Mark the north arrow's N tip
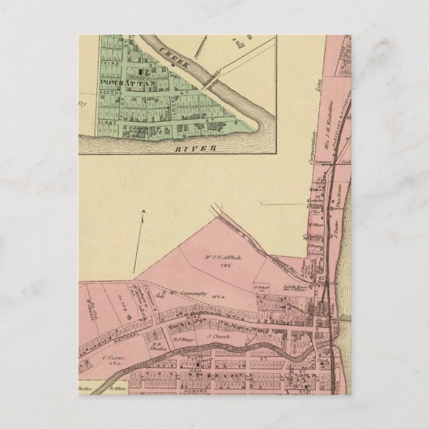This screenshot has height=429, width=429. (x=144, y=213)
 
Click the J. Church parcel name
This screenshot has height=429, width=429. (x=216, y=337)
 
